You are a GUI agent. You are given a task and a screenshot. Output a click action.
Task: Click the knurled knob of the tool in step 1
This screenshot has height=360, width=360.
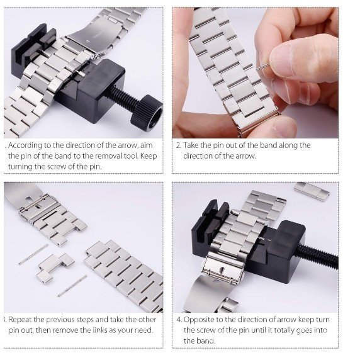click(147, 113)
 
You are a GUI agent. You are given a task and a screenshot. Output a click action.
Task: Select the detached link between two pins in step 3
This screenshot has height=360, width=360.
click(55, 267)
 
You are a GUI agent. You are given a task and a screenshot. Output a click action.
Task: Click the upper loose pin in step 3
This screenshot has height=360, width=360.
click(33, 254)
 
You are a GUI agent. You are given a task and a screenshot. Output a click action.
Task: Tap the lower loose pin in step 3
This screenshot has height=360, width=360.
click(72, 285)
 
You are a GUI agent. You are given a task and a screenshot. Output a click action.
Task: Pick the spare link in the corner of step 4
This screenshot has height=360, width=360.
click(312, 191)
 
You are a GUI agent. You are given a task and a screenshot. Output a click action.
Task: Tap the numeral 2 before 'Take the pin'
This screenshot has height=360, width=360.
click(178, 145)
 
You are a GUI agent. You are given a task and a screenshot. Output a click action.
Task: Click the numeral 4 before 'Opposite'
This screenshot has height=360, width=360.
click(179, 320)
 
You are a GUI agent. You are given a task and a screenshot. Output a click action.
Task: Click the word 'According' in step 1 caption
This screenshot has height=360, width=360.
click(25, 145)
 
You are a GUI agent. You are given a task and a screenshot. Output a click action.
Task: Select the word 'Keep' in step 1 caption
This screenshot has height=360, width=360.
click(149, 156)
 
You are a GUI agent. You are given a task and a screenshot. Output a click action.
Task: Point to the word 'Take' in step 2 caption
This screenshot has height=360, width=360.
click(191, 145)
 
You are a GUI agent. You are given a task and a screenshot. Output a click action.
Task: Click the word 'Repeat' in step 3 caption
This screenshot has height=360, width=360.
click(20, 320)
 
